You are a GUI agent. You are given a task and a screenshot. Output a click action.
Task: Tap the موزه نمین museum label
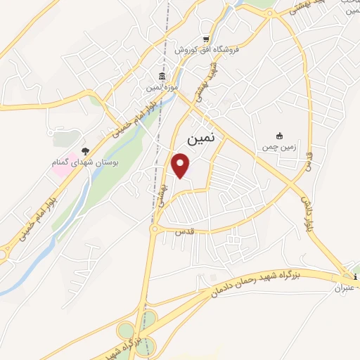tap(162, 87)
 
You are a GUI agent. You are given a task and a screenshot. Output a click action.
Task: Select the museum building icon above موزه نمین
tap(162, 76)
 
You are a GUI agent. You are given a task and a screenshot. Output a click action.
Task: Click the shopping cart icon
tap(205, 39)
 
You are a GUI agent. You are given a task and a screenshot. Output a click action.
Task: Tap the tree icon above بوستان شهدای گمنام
tap(85, 151)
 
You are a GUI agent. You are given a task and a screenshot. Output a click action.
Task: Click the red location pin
tap(181, 165)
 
